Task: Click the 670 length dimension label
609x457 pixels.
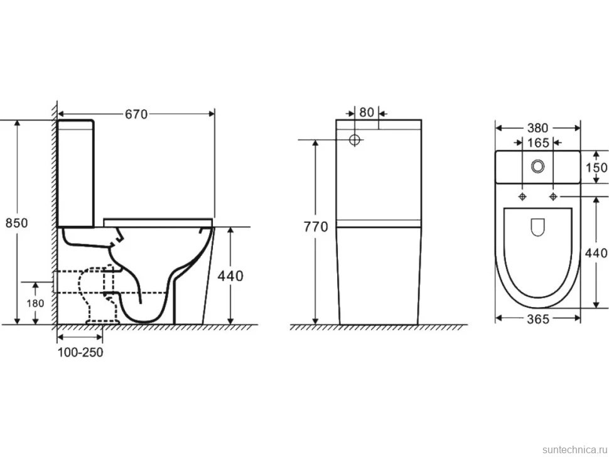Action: click(x=136, y=114)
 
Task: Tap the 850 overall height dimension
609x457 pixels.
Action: click(x=17, y=223)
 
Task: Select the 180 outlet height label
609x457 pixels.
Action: click(x=35, y=303)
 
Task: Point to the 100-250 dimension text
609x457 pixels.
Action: click(x=80, y=352)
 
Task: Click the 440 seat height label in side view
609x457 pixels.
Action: click(x=230, y=276)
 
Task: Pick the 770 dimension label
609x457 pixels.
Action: click(x=316, y=227)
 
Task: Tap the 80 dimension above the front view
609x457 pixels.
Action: click(x=366, y=112)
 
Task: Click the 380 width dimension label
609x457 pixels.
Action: click(x=538, y=127)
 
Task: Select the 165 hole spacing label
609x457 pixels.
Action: click(x=538, y=143)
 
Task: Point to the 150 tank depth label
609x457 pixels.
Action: click(x=596, y=168)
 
